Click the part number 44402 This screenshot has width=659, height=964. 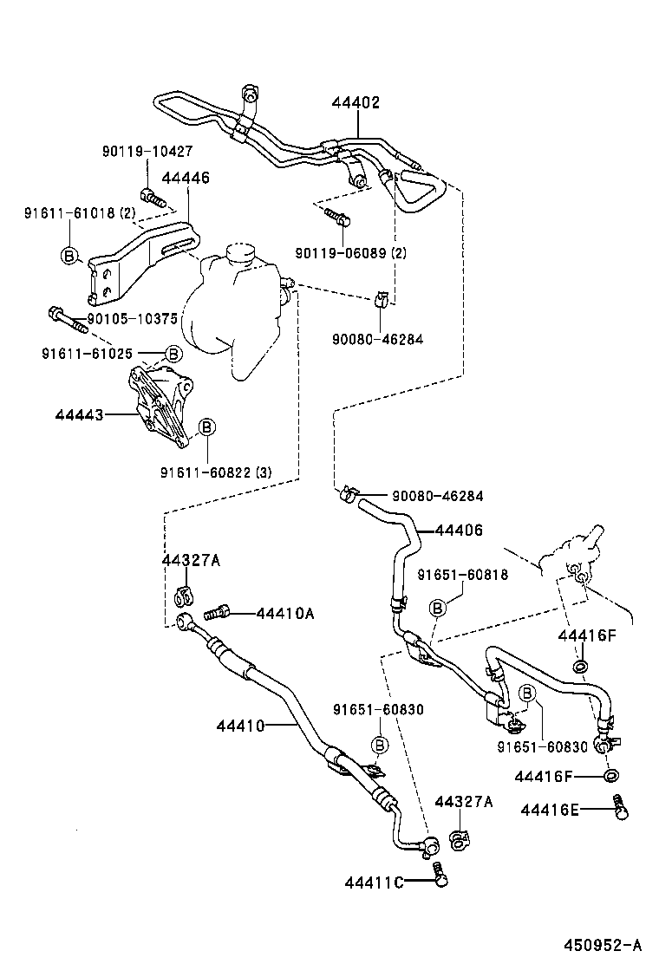(x=356, y=102)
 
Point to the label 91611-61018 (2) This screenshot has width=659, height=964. (x=80, y=213)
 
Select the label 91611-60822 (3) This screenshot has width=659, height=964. (x=215, y=472)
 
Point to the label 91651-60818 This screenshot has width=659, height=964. (x=462, y=574)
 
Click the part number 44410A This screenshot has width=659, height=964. (x=284, y=613)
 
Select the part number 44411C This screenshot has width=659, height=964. (x=375, y=883)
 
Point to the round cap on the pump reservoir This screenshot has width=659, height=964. (x=238, y=251)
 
